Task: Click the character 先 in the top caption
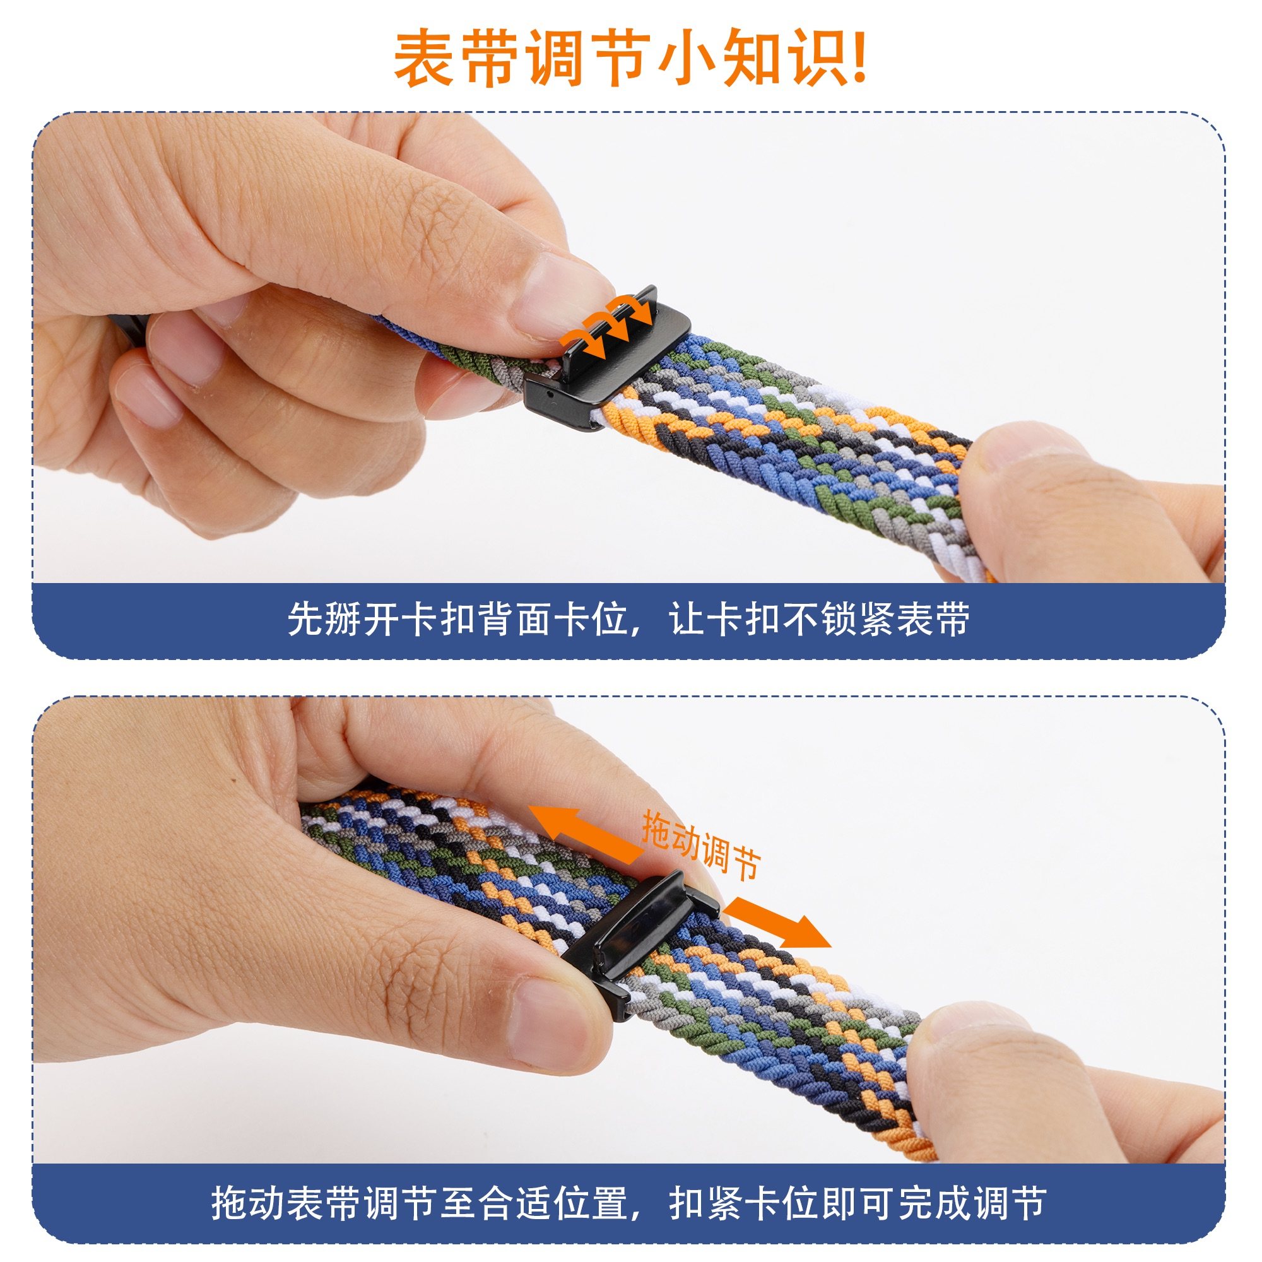[x=305, y=618]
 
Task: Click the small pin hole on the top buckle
[x=551, y=394]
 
